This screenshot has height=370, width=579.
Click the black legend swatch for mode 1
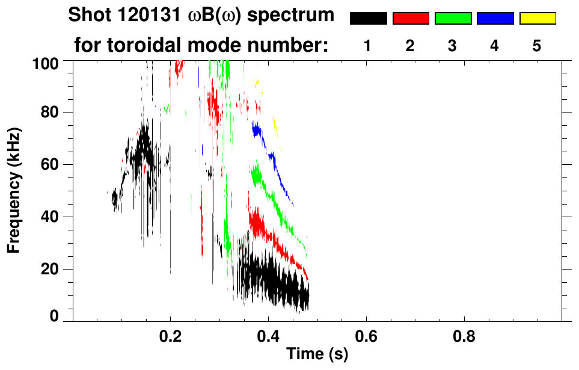coord(368,19)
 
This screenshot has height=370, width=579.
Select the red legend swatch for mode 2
coord(411,19)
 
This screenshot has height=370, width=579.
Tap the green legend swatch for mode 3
coord(453,19)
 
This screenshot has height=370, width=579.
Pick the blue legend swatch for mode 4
coord(495,19)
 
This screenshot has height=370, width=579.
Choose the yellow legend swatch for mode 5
coord(538,19)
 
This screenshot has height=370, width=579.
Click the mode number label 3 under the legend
coord(452,46)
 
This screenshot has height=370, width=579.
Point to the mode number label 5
coord(537,46)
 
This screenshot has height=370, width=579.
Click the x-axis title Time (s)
coord(317,355)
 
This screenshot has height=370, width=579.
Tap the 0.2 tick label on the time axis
coord(171,336)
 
